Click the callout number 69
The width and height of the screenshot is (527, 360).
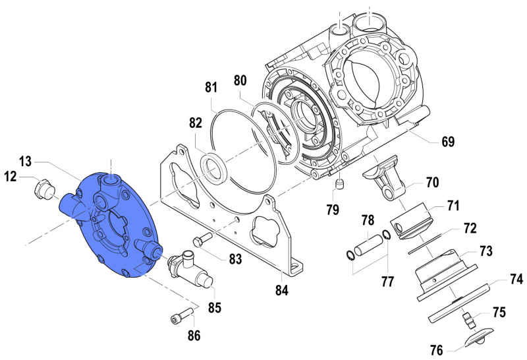click(447, 142)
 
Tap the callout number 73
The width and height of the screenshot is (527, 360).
click(485, 251)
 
